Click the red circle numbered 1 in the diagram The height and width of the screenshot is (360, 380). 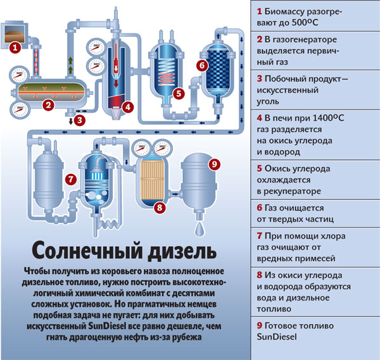click(15, 47)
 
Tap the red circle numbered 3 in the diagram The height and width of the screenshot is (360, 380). click(80, 120)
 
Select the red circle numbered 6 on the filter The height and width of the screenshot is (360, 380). click(203, 65)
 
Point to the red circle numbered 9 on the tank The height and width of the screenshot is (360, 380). click(215, 164)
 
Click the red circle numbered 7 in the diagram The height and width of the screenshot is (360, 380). click(71, 180)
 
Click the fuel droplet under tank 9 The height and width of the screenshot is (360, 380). click(199, 230)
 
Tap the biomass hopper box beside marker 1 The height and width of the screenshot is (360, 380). click(15, 34)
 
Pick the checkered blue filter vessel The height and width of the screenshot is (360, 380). click(218, 70)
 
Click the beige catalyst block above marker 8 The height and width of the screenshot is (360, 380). click(152, 180)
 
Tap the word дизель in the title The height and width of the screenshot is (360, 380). click(182, 251)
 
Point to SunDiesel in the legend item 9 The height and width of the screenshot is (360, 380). click(277, 337)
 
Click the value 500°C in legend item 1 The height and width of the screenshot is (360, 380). click(305, 23)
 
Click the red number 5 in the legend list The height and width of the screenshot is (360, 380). click(260, 168)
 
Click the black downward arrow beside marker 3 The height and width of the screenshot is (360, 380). click(71, 121)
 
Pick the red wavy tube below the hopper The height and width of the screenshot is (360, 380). click(36, 62)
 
